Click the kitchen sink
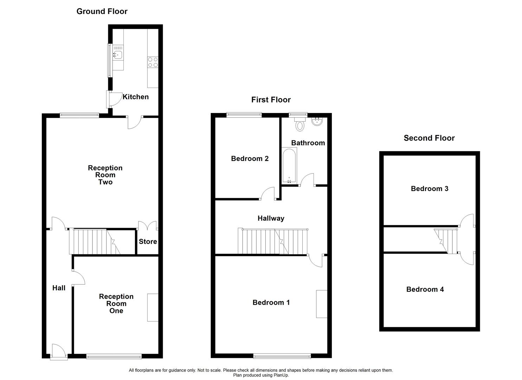tap(117, 55)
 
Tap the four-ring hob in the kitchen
tap(153, 62)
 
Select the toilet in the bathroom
tap(299, 124)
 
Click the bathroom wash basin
tap(317, 121)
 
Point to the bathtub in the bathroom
tap(289, 165)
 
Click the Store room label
tap(148, 241)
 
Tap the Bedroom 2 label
tap(250, 158)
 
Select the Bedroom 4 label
tap(425, 289)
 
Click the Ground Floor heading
tap(102, 11)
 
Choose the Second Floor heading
tap(429, 138)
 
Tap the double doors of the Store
tap(147, 226)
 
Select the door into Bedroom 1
tap(315, 261)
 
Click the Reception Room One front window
tap(114, 356)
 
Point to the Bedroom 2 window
tap(244, 114)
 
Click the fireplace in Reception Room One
tap(153, 307)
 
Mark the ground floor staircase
tap(94, 242)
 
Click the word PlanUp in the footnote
tap(281, 375)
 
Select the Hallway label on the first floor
tap(271, 218)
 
